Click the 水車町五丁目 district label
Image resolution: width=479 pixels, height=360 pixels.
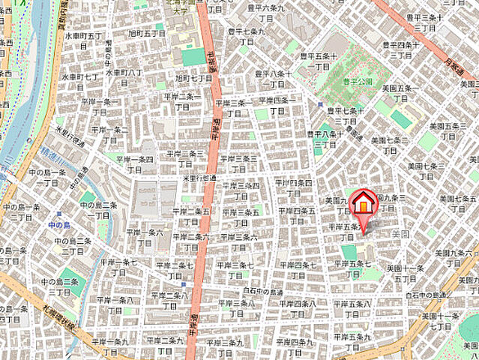coord(82,35)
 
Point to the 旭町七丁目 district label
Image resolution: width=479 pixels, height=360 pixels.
coord(194,77)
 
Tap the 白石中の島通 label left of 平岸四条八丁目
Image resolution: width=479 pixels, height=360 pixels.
coord(263,292)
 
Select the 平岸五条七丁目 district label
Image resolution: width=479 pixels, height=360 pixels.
coord(352,268)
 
